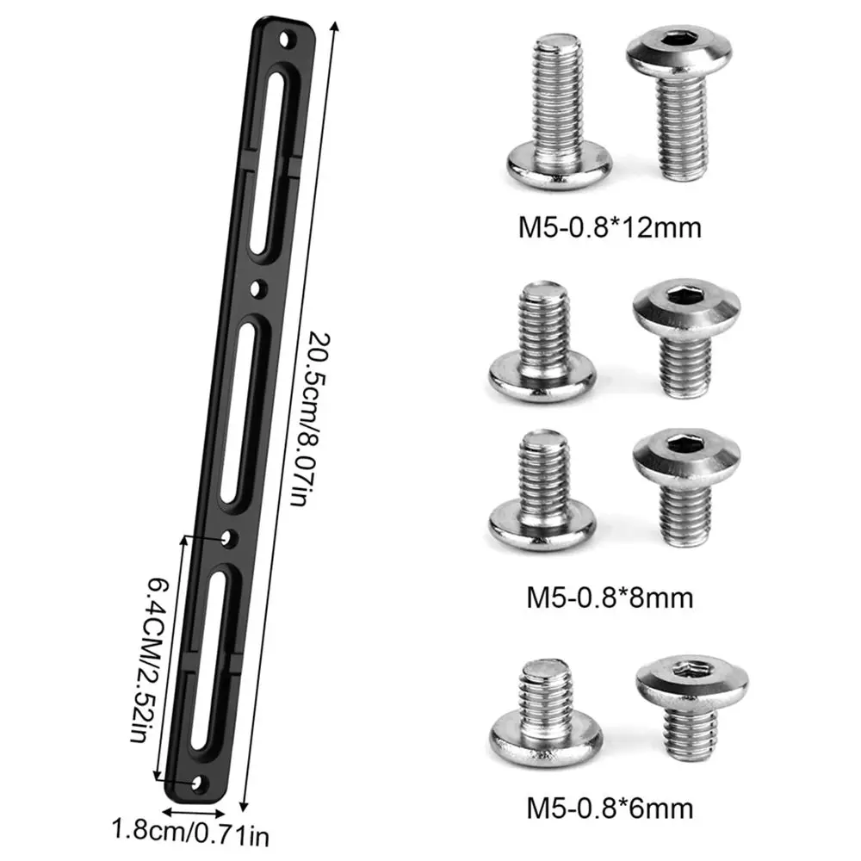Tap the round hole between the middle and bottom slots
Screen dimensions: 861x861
click(x=227, y=538)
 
